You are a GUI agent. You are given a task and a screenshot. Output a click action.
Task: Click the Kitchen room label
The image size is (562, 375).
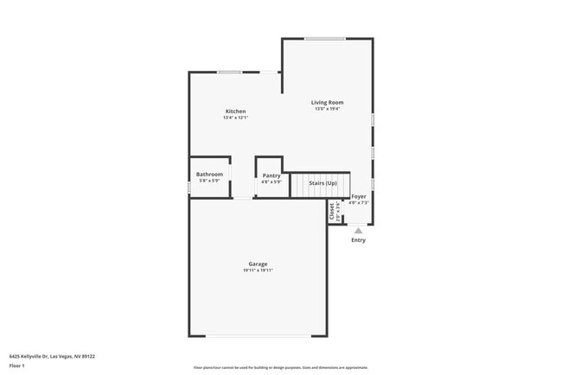236,111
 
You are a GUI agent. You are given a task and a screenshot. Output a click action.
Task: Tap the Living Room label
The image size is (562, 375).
328,102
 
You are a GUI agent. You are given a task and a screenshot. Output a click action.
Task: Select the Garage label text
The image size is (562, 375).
258,264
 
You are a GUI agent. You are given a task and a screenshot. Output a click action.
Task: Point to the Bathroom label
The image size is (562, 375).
209,175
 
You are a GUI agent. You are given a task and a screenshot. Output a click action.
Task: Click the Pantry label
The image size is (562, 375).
271,175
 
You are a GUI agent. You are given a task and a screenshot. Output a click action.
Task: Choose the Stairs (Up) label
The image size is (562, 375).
323,183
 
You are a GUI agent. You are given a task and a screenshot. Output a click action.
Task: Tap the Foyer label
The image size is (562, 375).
358,196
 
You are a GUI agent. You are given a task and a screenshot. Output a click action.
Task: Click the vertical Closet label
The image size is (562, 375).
331,211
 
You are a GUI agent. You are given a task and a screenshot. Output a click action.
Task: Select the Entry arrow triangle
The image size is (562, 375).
358,230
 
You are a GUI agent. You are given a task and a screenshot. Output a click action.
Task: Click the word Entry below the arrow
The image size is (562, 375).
358,240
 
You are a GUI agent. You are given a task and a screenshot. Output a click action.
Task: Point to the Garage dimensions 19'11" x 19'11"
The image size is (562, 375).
258,270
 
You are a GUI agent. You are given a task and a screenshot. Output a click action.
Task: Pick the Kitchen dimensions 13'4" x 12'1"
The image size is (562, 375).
236,118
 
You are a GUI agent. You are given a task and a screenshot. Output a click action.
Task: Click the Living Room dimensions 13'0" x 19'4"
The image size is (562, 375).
328,109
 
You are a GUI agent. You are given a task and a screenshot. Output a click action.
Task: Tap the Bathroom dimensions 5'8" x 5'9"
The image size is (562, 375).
209,181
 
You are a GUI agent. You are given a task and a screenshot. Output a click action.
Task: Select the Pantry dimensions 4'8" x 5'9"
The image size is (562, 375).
271,182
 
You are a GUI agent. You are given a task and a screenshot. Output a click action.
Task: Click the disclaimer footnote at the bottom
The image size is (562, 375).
280,367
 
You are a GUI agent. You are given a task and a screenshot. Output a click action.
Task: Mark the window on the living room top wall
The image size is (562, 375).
325,38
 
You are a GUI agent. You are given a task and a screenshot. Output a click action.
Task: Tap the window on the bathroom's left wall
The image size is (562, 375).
189,187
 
